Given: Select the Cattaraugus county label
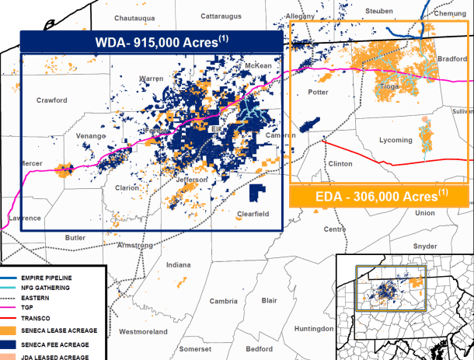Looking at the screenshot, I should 223,16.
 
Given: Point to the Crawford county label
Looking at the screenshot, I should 52,100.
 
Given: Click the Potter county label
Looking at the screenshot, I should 319,93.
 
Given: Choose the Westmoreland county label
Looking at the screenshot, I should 144,333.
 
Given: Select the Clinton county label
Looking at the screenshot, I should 340,164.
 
